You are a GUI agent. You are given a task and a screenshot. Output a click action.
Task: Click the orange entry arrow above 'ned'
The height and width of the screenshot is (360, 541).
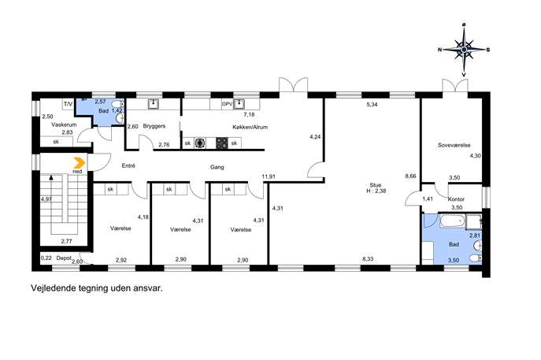[x=80, y=162]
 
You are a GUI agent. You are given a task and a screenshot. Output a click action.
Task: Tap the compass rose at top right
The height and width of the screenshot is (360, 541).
[x=464, y=50]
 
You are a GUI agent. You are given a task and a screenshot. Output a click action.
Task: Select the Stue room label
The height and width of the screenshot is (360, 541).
[x=376, y=185]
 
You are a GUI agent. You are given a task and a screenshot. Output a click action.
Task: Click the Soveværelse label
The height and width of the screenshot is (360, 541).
[x=454, y=145]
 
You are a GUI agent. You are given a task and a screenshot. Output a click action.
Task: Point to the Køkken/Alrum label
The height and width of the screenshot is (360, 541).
[x=250, y=127]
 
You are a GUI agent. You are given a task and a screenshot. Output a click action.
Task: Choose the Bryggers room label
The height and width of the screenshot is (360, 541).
[x=154, y=126]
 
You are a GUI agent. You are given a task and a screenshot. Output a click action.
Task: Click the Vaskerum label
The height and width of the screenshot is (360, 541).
[x=64, y=124]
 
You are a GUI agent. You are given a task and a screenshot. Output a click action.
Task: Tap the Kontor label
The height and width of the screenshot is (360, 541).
[x=456, y=199]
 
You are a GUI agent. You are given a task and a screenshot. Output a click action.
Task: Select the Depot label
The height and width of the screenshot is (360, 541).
[x=64, y=258]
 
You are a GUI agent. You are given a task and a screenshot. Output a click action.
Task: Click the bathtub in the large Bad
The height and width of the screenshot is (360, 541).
[x=452, y=221]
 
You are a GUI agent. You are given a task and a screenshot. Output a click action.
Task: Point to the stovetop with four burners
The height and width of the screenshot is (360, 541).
[x=222, y=143]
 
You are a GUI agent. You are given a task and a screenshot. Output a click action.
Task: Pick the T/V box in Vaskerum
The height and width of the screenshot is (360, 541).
[x=68, y=104]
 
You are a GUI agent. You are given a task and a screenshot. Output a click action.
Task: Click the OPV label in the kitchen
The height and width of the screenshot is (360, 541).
[x=227, y=104]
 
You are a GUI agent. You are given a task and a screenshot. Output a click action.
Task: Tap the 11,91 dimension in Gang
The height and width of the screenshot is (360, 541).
[x=269, y=176]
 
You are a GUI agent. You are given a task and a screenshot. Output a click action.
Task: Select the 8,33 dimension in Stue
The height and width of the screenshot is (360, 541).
[x=368, y=259]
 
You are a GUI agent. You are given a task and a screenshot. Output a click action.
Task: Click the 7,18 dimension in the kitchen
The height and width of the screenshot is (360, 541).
[x=249, y=114]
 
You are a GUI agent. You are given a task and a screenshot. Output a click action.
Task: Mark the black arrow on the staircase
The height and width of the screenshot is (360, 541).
[x=51, y=178]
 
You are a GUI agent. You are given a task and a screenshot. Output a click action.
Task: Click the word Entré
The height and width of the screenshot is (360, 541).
[x=128, y=165]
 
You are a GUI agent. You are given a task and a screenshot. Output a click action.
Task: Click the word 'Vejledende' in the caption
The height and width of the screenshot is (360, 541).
[x=53, y=288]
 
